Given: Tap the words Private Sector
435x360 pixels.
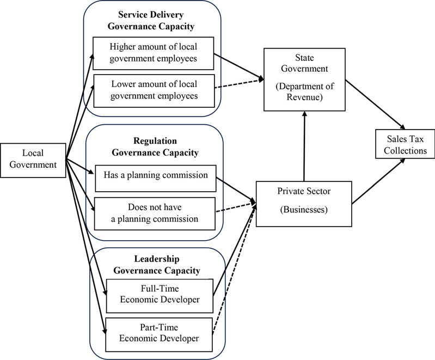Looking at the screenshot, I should click(x=304, y=192).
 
